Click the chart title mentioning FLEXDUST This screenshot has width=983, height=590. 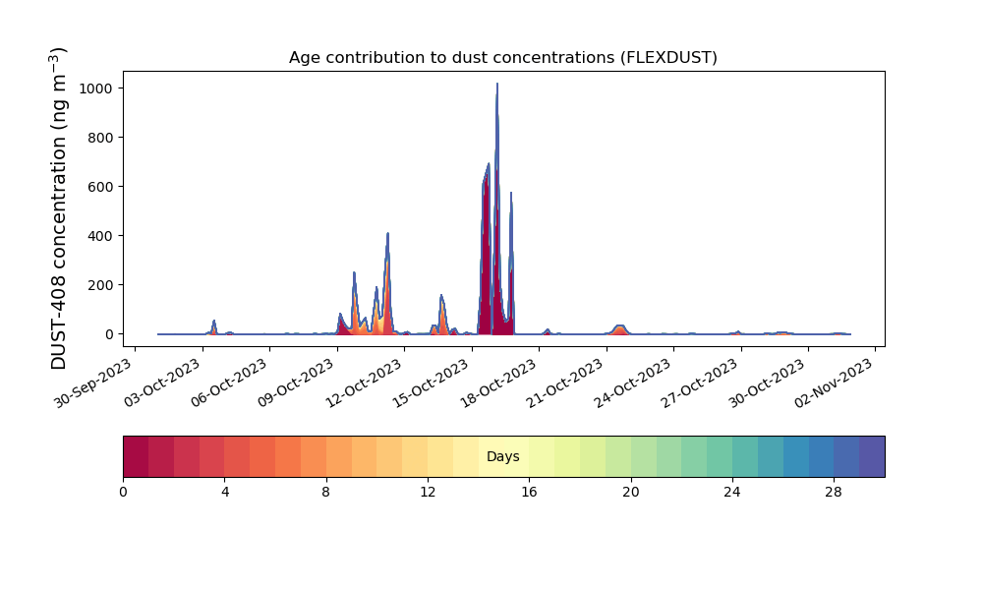(502, 58)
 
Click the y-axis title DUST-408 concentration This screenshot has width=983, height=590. (58, 208)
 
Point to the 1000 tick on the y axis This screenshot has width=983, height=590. (96, 88)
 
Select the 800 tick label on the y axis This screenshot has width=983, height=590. (100, 138)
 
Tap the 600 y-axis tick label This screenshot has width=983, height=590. (100, 187)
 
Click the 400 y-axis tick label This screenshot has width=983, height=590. (100, 236)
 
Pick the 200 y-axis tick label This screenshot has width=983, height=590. (100, 285)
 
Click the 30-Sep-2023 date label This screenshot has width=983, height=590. (92, 383)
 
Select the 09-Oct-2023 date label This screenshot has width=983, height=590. (295, 383)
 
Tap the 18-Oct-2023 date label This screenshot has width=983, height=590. (497, 383)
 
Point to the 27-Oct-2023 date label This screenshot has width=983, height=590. (699, 383)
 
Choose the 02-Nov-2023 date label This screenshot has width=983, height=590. (834, 383)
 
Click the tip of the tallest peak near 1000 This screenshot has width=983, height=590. (497, 84)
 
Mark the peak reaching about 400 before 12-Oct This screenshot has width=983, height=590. (387, 233)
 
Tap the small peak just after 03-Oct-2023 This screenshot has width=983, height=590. (213, 321)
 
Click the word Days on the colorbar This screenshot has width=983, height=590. (502, 456)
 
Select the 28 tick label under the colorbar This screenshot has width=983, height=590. (834, 493)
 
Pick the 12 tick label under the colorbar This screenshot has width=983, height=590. (428, 493)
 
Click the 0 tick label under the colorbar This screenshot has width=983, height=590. (124, 493)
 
